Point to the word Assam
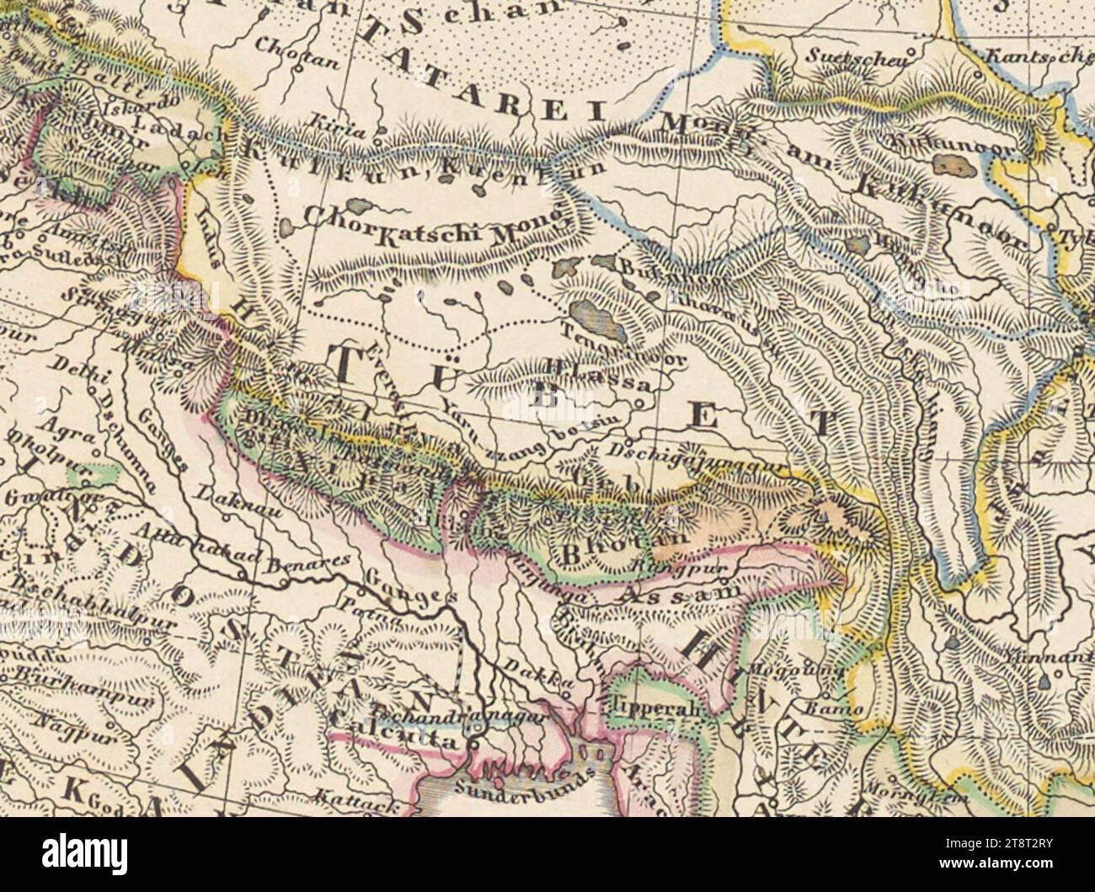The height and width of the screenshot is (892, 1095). pyautogui.click(x=665, y=596)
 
